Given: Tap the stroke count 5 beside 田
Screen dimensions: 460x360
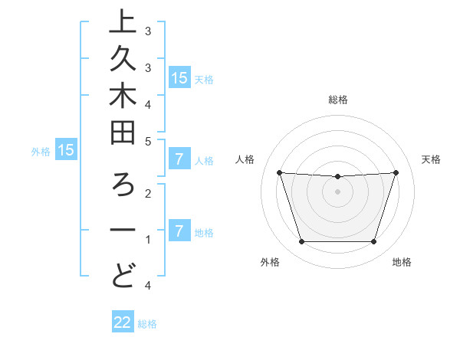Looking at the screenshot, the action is point(147,141).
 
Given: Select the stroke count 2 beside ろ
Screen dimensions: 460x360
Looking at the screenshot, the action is point(147,193).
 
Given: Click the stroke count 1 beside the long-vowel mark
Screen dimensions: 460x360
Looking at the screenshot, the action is point(147,240).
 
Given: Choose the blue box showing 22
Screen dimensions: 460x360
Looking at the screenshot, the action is point(123,323).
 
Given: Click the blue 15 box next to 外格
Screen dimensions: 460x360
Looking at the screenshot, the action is point(66,151).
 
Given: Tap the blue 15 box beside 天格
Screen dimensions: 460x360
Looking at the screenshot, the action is point(179,78).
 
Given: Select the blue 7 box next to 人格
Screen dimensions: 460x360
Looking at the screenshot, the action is point(179,160).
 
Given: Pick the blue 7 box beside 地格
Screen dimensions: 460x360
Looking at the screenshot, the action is point(179,231).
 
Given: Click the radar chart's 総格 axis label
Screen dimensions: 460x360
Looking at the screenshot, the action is point(337,100).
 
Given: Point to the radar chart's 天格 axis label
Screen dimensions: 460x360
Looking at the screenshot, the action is point(432,159).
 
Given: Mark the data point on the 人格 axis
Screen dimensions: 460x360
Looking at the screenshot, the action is point(279,172).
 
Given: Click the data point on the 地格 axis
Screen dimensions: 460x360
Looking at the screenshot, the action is point(373,242).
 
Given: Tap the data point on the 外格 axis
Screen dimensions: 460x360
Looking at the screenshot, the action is point(301,242).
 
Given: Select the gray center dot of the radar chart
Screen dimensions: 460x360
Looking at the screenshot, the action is point(337,191).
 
